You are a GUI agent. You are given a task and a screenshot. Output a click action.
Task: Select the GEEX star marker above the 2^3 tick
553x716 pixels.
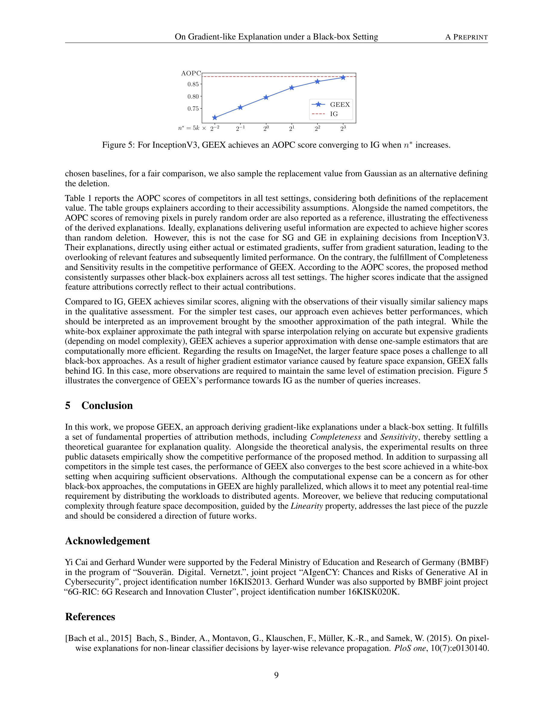[343, 78]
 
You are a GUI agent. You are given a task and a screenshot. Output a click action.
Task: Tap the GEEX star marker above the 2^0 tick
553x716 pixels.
[266, 97]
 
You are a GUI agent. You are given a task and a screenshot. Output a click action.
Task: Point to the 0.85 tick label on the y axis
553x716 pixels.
[193, 84]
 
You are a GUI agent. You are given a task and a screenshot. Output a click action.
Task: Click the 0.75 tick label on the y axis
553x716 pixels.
[193, 109]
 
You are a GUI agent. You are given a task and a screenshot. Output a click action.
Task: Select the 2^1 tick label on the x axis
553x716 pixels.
[292, 128]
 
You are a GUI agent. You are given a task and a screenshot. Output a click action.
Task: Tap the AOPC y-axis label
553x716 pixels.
[191, 73]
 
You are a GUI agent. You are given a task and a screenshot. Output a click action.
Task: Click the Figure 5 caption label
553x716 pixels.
[118, 145]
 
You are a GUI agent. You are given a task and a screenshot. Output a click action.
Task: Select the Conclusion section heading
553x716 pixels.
[107, 406]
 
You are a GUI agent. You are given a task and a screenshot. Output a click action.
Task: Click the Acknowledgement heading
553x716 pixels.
[108, 541]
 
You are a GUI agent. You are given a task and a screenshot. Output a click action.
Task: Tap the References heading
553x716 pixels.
[90, 617]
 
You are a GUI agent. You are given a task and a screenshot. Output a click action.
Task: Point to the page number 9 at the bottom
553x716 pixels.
[276, 675]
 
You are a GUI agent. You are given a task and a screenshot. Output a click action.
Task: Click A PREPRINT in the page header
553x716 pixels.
[466, 37]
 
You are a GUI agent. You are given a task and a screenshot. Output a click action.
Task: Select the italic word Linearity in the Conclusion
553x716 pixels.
[307, 506]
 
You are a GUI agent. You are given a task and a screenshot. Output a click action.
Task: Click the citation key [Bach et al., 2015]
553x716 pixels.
[98, 638]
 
